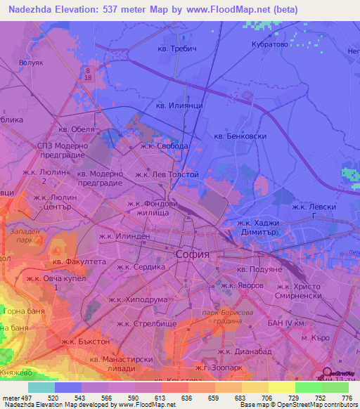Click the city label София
(191, 255)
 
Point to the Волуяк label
(32, 62)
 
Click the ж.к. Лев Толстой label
(167, 174)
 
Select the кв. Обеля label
(76, 129)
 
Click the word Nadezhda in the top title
(34, 9)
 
